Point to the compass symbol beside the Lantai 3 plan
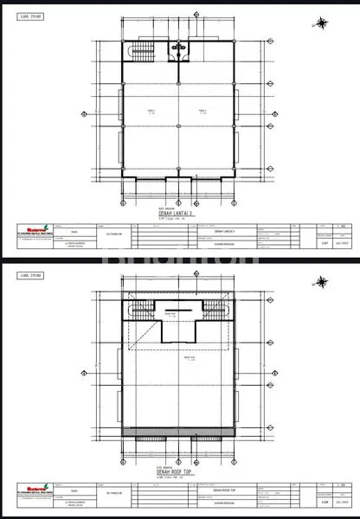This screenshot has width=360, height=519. coord(323,22)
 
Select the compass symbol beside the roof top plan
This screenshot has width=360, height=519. coord(323,281)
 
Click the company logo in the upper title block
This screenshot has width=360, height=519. coord(34,229)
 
